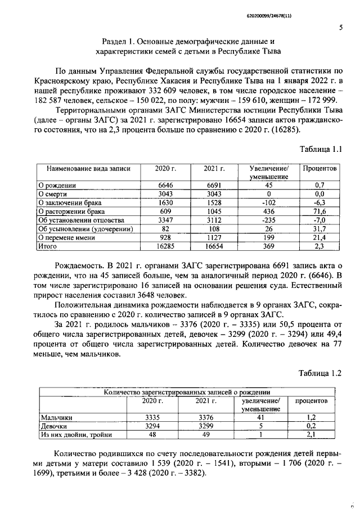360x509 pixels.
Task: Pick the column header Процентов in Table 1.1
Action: pos(319,168)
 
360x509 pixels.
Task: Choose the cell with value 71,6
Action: pos(319,211)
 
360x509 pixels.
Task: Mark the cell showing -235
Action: pos(268,220)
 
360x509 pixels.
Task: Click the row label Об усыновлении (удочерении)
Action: pos(84,229)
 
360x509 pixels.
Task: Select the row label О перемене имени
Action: pos(68,237)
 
